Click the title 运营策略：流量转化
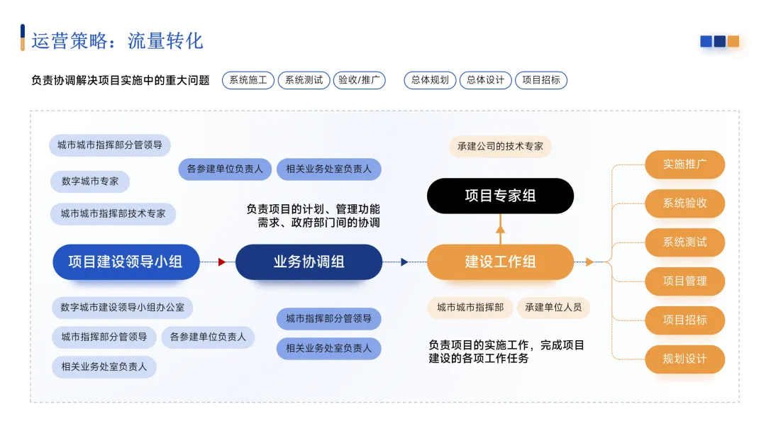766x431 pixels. (x=117, y=40)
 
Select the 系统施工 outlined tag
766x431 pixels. (x=248, y=80)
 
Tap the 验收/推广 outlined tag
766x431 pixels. (x=360, y=80)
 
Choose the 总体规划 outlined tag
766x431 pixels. (x=431, y=80)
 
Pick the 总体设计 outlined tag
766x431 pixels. (x=486, y=80)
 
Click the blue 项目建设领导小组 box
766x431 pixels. (x=126, y=262)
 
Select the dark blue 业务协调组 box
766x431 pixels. (x=309, y=262)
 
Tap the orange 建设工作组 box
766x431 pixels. (x=500, y=262)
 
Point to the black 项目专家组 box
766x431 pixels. (x=500, y=196)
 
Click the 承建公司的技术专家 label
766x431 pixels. (x=500, y=146)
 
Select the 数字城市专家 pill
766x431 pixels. (x=90, y=181)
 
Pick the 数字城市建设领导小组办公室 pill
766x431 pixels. (x=122, y=308)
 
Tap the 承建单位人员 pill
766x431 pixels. (x=553, y=308)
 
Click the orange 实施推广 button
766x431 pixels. (x=684, y=164)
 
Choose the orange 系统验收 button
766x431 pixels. (x=684, y=203)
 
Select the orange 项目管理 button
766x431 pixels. (x=684, y=281)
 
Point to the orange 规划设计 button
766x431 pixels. (x=684, y=359)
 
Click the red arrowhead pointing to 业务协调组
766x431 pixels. (x=222, y=262)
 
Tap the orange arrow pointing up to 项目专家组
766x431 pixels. (x=500, y=229)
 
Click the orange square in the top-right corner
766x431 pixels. (x=733, y=41)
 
